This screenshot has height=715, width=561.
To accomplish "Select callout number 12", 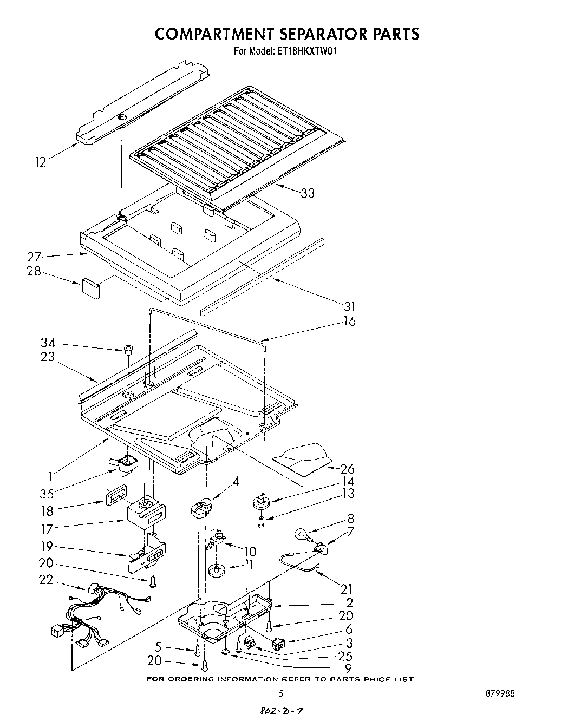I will (41, 161).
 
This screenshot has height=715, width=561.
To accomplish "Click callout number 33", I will (307, 193).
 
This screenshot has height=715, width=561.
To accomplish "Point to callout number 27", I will (35, 258).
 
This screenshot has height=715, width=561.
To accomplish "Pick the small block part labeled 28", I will (91, 287).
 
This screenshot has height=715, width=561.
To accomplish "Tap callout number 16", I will (349, 322).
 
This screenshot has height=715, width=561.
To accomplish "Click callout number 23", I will (48, 357).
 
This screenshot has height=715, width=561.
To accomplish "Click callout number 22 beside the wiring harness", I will (46, 580).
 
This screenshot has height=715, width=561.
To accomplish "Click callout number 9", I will (348, 668).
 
